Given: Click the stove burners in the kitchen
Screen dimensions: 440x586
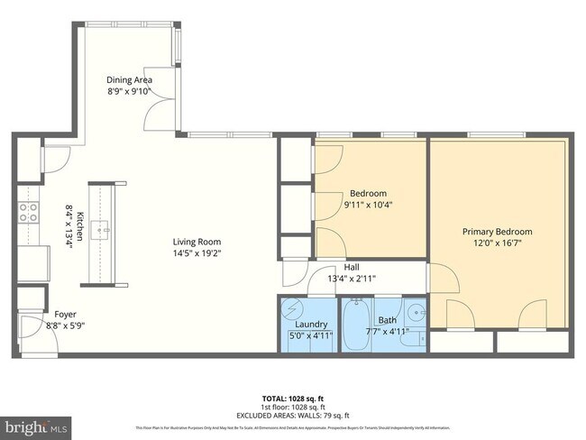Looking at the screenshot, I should (28, 212).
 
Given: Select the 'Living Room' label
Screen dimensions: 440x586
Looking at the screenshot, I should (197, 242).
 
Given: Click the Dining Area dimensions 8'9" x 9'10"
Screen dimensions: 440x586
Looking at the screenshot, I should (130, 91).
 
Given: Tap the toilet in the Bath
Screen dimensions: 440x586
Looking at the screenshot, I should (411, 339).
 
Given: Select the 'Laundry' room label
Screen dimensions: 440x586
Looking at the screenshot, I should (310, 324).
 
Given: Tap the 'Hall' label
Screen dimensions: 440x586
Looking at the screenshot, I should (352, 267).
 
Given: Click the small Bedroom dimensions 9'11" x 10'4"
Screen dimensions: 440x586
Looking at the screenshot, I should (368, 205).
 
